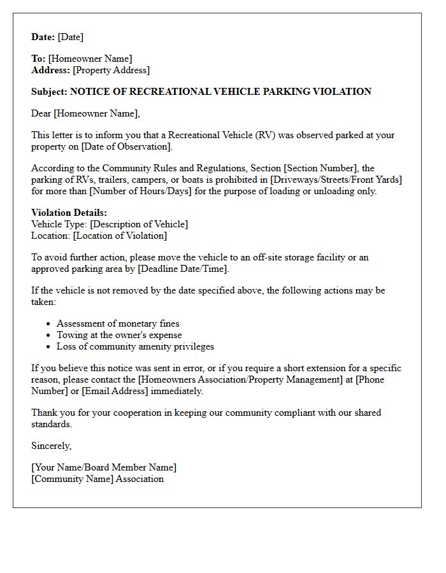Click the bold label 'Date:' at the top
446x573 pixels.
(x=43, y=37)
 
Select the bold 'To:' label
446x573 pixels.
(x=38, y=59)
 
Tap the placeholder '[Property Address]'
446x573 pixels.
(x=111, y=70)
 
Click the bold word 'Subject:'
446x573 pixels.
(x=50, y=92)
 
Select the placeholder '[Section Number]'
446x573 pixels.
(x=320, y=168)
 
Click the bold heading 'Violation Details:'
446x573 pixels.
(x=69, y=213)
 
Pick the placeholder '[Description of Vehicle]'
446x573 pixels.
(x=140, y=224)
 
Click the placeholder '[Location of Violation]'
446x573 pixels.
(x=120, y=236)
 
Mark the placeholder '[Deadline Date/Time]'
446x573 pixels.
(x=183, y=269)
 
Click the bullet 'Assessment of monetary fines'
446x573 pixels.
(x=118, y=323)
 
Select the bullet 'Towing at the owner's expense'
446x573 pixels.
(x=119, y=335)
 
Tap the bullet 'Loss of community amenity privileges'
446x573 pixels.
(x=135, y=346)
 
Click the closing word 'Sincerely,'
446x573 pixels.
(x=52, y=446)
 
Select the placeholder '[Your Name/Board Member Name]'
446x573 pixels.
(x=104, y=467)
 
